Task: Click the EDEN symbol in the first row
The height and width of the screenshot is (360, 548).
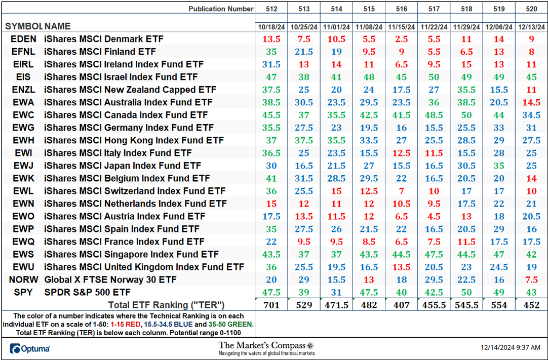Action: [23, 39]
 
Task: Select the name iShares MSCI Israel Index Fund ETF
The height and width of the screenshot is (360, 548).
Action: [121, 77]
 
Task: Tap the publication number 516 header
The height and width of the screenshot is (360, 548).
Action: [402, 9]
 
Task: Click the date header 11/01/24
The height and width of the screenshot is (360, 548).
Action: [337, 27]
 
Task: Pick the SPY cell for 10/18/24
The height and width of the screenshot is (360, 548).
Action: [271, 292]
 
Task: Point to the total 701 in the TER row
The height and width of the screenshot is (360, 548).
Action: [271, 305]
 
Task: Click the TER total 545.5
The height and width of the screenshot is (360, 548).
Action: [466, 305]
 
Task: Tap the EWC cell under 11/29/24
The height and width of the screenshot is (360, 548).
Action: [466, 115]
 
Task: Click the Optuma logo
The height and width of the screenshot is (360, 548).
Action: [30, 348]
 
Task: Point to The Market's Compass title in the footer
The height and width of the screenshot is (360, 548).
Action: [266, 345]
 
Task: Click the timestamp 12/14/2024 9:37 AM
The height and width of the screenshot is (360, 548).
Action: [511, 348]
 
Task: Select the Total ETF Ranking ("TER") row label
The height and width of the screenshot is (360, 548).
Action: [166, 305]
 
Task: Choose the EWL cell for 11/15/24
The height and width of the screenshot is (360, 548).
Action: [402, 191]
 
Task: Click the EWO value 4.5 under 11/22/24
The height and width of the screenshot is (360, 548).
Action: [434, 216]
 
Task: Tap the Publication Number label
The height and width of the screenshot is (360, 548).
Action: [221, 9]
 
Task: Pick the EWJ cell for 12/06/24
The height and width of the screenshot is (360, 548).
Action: [499, 166]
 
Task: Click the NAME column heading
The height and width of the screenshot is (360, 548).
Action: [57, 26]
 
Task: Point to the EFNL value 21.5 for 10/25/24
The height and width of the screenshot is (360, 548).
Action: [304, 52]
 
